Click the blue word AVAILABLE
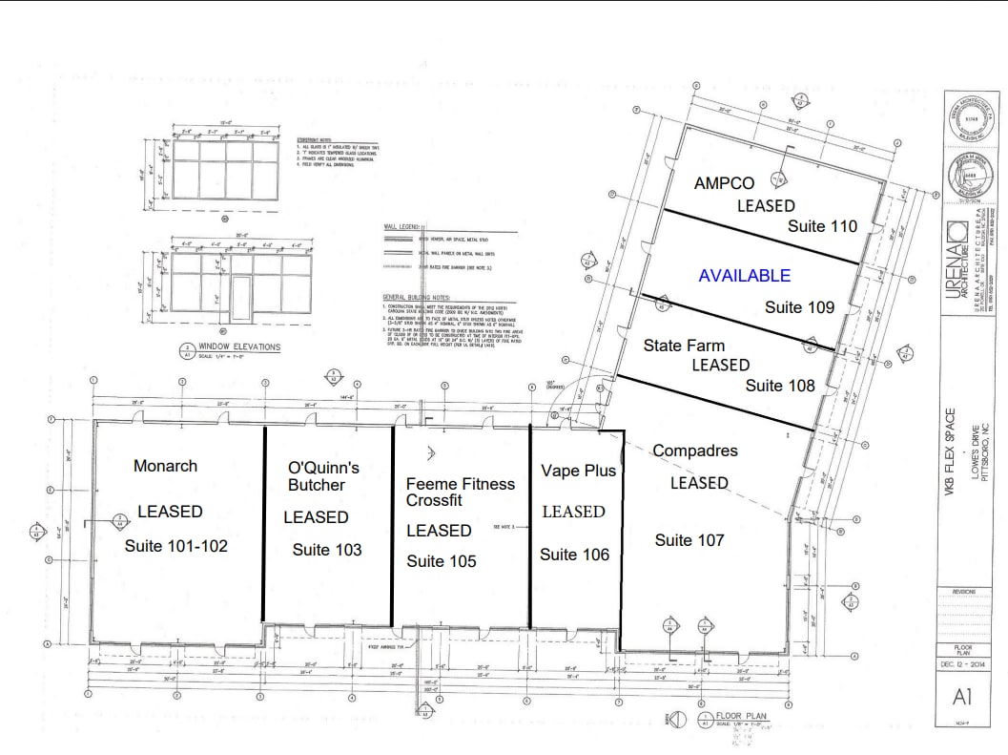click(744, 276)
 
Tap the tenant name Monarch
click(166, 466)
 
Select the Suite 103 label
click(327, 550)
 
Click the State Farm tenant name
click(684, 346)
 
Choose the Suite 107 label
click(689, 540)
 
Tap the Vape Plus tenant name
click(578, 471)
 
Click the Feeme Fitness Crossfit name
click(460, 492)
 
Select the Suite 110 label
click(822, 226)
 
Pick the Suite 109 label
click(799, 307)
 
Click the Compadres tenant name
click(695, 451)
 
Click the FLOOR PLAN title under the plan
click(743, 715)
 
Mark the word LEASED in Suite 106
click(573, 512)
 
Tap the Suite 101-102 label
click(176, 546)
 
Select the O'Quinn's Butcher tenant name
click(323, 476)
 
